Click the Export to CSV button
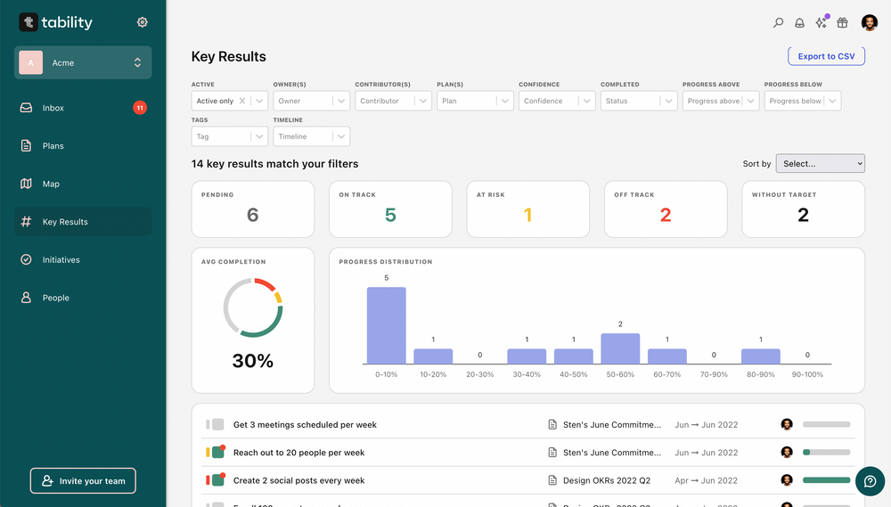[x=826, y=56]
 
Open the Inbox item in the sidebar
[x=53, y=108]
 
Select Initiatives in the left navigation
[x=61, y=260]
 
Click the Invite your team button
[x=83, y=481]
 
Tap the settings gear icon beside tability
[x=143, y=22]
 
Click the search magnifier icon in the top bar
[x=778, y=23]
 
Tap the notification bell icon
[x=799, y=23]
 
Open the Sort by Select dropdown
[x=820, y=163]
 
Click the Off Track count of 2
[x=666, y=215]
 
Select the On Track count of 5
[x=390, y=215]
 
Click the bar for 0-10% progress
[x=386, y=325]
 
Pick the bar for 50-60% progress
[x=620, y=348]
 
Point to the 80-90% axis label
[x=760, y=374]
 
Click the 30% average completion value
[x=252, y=361]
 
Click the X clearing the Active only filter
[x=242, y=101]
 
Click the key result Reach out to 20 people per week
[x=298, y=453]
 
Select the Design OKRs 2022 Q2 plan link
[x=606, y=480]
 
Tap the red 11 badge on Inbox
[x=140, y=108]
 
